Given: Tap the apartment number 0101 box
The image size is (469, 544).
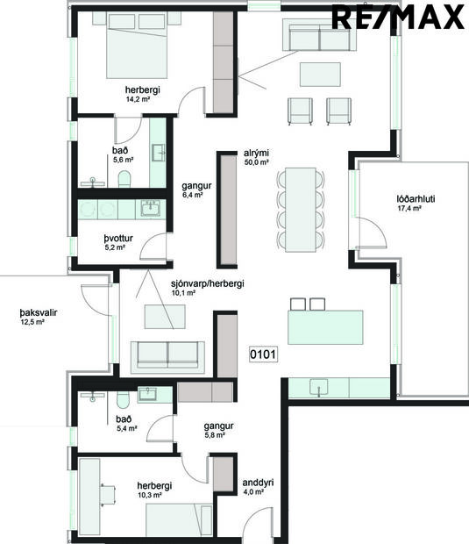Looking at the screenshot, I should [263, 355].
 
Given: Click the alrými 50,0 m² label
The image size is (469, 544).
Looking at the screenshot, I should [256, 157].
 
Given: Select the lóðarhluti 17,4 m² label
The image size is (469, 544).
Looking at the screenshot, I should [416, 204].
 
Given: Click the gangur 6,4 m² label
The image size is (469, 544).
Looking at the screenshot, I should [192, 190].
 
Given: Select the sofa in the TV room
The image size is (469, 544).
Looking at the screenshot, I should [167, 354].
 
